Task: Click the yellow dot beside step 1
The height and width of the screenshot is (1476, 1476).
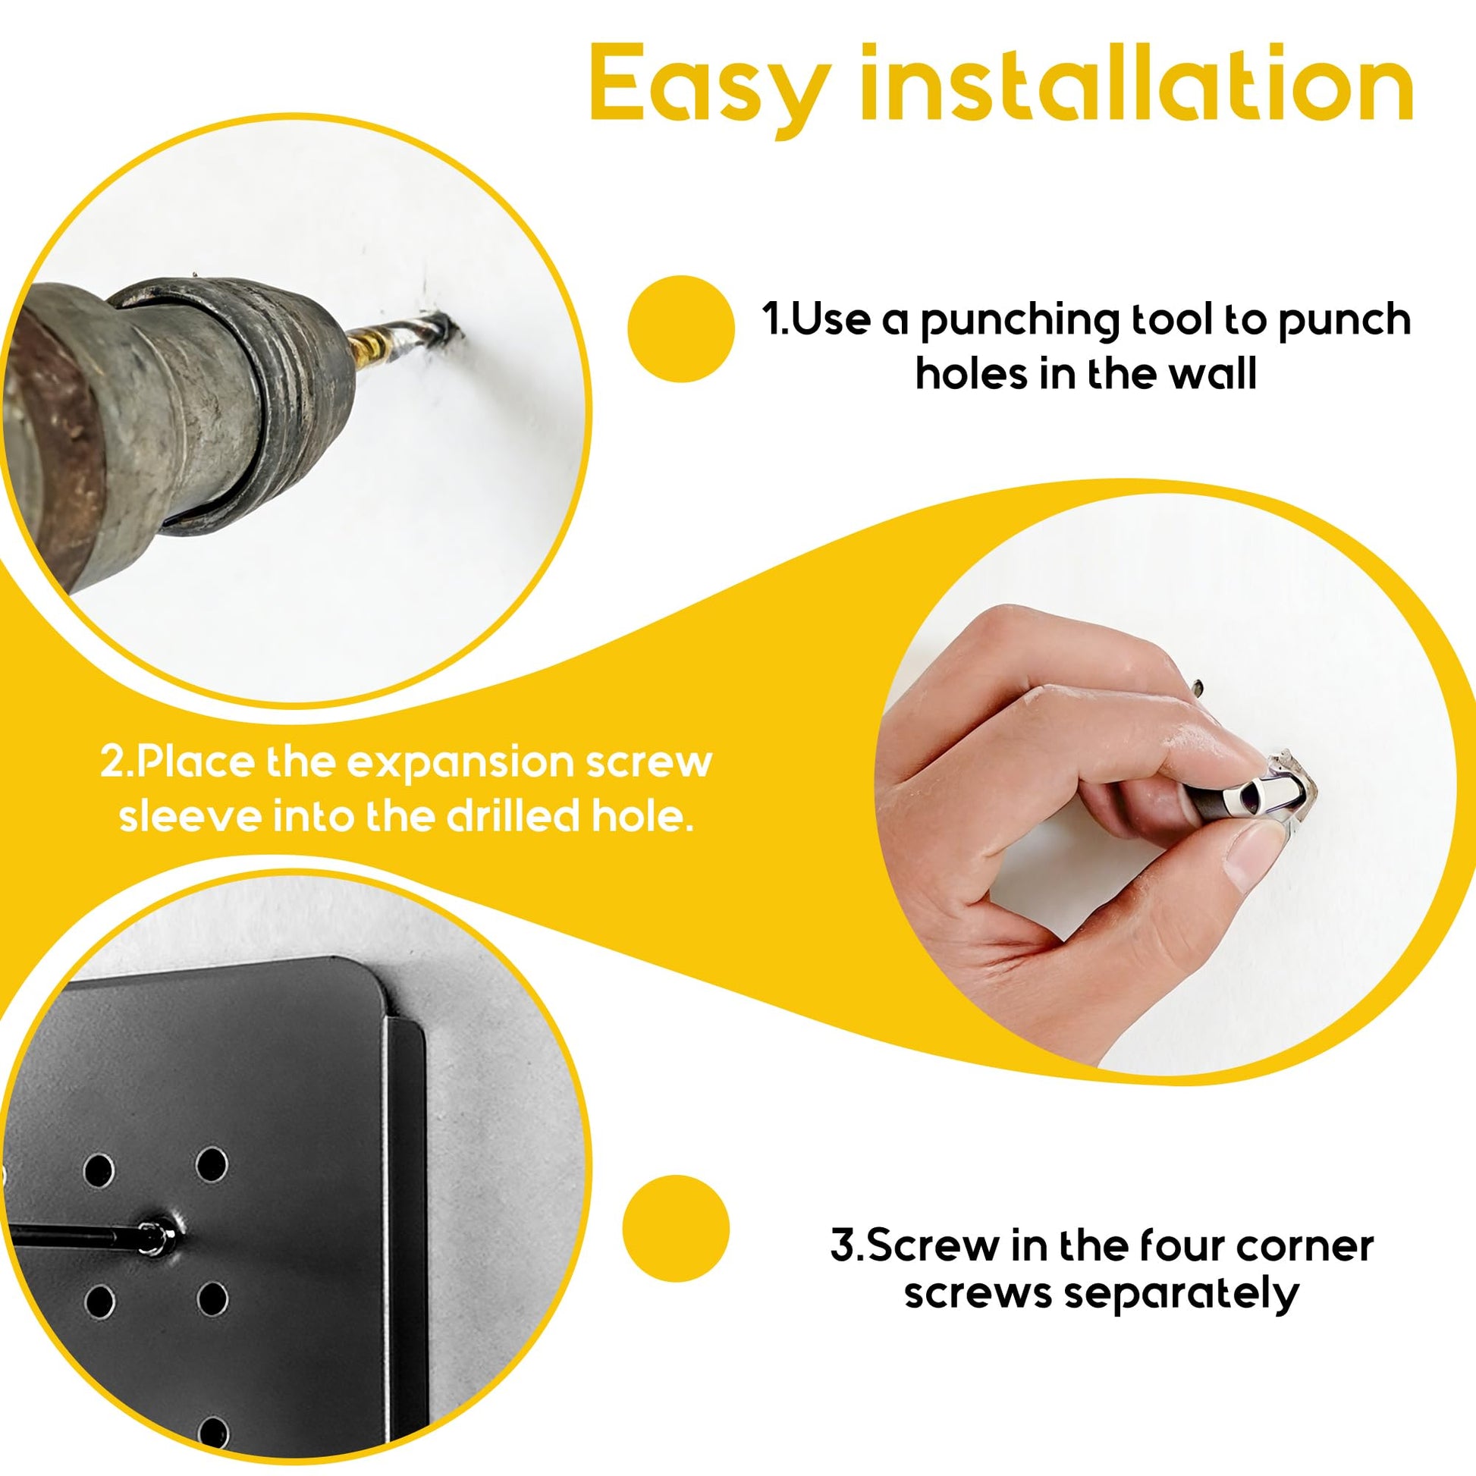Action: click(x=680, y=328)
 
